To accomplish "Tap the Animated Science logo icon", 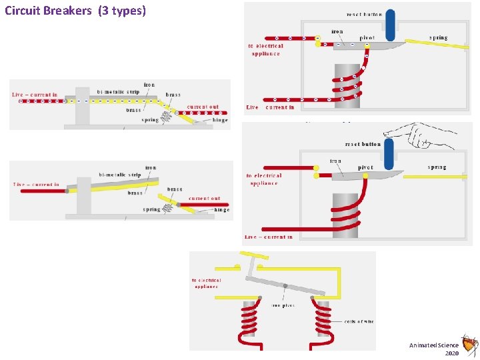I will [x=470, y=345].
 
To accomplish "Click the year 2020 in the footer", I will [x=451, y=353].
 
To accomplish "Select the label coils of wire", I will [x=359, y=321].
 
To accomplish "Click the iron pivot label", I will [x=283, y=305].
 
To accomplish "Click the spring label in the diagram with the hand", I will [x=437, y=167].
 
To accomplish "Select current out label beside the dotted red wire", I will [x=203, y=107].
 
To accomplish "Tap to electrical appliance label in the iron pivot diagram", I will [x=207, y=283].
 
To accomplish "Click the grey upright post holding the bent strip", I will [x=83, y=198].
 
